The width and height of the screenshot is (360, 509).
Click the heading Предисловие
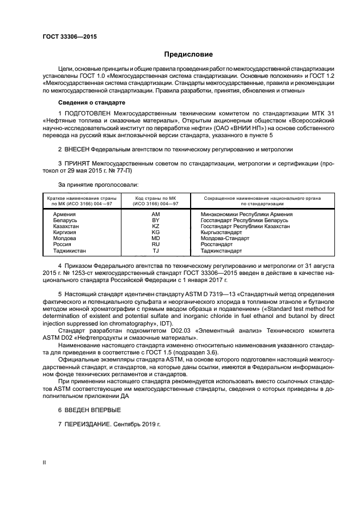click(189, 54)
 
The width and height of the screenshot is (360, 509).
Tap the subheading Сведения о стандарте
click(91, 102)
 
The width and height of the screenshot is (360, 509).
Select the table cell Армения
click(64, 214)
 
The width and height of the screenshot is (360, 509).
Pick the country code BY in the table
click(155, 220)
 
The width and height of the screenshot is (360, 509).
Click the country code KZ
click(155, 226)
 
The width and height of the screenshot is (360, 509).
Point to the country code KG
click(155, 232)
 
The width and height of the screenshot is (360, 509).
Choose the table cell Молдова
click(64, 238)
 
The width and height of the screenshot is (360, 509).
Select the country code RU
click(155, 245)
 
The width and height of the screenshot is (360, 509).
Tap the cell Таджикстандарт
click(221, 251)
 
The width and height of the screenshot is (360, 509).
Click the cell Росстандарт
click(217, 245)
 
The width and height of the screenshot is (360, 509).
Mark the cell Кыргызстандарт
click(221, 232)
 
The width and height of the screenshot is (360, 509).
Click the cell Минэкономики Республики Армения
click(246, 214)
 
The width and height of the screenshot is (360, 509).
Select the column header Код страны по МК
click(155, 199)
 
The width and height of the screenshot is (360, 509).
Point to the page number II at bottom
click(44, 462)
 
